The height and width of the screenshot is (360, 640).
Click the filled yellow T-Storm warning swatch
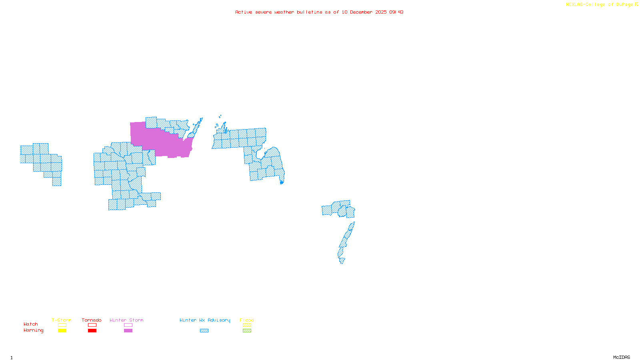(x=62, y=331)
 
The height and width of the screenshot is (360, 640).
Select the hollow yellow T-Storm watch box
(x=62, y=325)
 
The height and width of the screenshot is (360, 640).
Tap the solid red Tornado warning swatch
(x=92, y=331)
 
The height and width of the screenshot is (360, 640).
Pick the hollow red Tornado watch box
(x=92, y=325)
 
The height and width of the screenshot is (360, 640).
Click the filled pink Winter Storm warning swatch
(x=128, y=331)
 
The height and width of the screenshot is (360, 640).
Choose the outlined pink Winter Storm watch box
(x=128, y=325)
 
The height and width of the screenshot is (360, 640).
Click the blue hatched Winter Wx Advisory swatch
(x=204, y=331)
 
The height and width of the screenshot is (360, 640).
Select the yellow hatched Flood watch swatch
(x=247, y=325)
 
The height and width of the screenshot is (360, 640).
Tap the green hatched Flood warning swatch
(x=247, y=331)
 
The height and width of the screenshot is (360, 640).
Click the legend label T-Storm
(x=62, y=320)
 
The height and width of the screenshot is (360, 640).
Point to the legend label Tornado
(x=92, y=320)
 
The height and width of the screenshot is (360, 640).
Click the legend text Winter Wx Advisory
(x=205, y=320)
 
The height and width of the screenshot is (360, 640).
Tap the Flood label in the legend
(x=247, y=320)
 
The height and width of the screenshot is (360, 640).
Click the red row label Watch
(x=31, y=324)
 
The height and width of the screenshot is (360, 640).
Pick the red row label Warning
(x=34, y=330)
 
